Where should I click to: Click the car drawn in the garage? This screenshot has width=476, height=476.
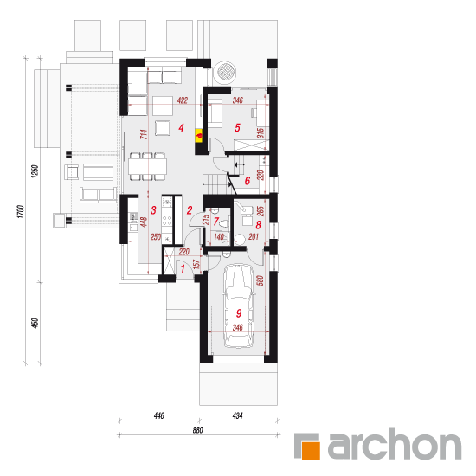tap(238, 306)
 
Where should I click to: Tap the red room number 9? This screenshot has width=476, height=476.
tap(239, 313)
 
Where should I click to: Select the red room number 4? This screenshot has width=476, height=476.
tap(181, 127)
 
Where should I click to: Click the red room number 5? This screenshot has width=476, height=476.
tap(237, 127)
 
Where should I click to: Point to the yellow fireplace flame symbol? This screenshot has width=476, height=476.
tap(199, 135)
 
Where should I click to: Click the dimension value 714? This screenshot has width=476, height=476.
tap(144, 134)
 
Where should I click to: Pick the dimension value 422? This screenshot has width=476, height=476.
tap(182, 100)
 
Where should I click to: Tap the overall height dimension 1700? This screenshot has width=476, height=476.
tap(21, 211)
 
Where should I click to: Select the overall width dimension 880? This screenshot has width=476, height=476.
tap(197, 430)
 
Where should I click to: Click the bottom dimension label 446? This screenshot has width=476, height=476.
tap(158, 415)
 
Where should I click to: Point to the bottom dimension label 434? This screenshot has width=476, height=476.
tap(237, 415)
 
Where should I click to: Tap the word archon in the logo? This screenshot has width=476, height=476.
tap(395, 443)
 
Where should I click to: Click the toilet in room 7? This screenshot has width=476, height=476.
tap(223, 224)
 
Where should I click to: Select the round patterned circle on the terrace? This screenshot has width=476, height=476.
tap(225, 73)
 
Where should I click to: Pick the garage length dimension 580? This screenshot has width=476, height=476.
tap(260, 280)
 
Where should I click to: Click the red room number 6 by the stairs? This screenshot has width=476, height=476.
tap(248, 181)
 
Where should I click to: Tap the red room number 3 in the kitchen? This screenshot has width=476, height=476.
tap(153, 209)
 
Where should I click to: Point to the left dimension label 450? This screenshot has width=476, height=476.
tap(35, 323)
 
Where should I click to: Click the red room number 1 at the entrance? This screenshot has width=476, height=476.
tap(183, 268)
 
